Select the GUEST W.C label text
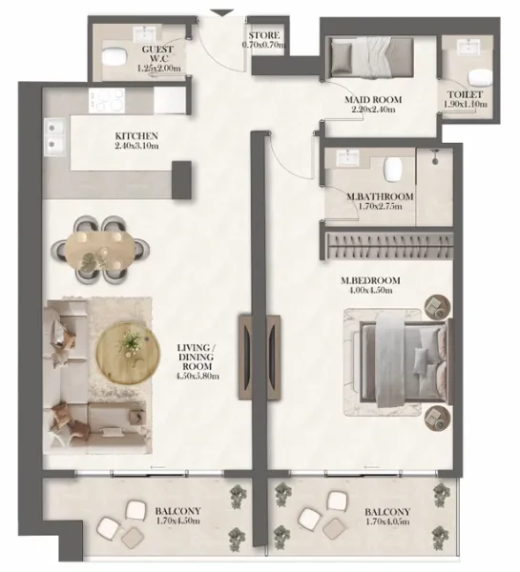click(157, 53)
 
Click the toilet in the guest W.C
click(114, 56)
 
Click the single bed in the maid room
click(358, 57)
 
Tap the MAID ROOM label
click(373, 99)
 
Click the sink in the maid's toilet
click(468, 47)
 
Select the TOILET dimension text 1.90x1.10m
click(464, 107)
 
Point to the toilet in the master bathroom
click(389, 169)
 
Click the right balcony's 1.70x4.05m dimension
click(386, 522)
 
